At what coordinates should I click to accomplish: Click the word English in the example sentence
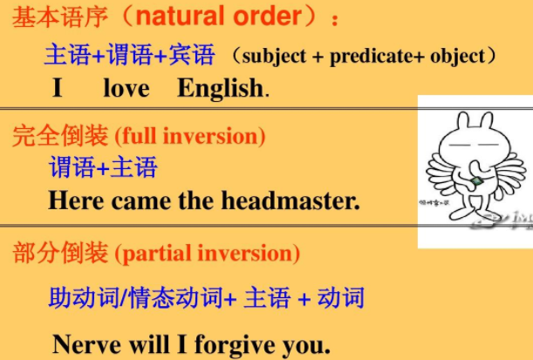point(219,88)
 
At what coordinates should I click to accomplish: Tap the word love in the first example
point(126,88)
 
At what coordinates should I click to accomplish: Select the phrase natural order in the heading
point(229,18)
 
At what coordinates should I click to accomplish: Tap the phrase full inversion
point(189,136)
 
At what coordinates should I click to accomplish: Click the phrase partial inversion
point(208,254)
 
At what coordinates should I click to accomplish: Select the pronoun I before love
point(58,88)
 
